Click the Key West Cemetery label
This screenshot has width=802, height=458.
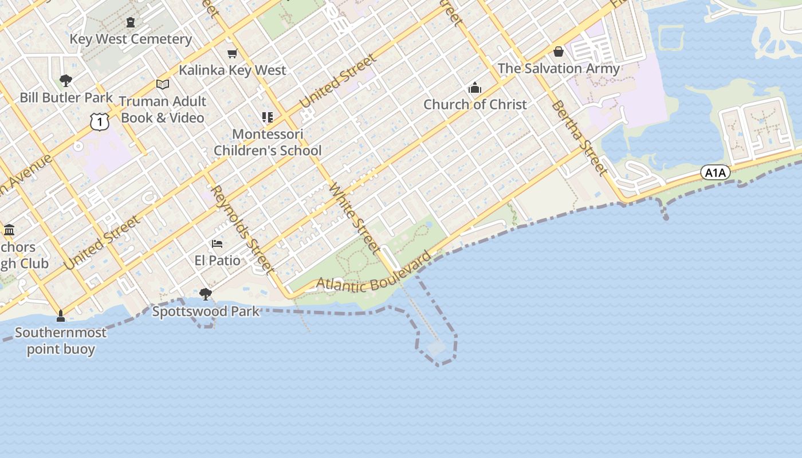[x=131, y=40]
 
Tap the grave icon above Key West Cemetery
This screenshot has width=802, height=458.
[x=131, y=23]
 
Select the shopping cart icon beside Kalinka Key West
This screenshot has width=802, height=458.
[x=232, y=54]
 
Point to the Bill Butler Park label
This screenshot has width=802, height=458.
[x=66, y=97]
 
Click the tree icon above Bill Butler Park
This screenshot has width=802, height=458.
[x=66, y=80]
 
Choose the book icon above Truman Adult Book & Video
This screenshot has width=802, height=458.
[x=163, y=85]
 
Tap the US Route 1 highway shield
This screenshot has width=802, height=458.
[x=99, y=121]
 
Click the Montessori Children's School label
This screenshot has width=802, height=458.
[x=268, y=143]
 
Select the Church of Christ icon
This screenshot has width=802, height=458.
[x=475, y=88]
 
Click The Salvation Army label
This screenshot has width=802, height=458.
[x=559, y=69]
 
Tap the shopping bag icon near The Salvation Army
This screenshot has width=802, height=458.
[x=559, y=52]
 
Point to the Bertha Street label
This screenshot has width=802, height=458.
[x=579, y=138]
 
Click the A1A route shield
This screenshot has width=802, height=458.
[x=715, y=172]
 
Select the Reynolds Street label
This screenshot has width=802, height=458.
[x=241, y=228]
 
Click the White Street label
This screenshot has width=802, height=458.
[x=355, y=218]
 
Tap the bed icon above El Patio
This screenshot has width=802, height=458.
[x=217, y=244]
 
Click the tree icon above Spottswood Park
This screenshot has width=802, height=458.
[x=205, y=295]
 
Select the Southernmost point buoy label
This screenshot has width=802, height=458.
[x=61, y=341]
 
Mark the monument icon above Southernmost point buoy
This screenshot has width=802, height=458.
[x=61, y=316]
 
